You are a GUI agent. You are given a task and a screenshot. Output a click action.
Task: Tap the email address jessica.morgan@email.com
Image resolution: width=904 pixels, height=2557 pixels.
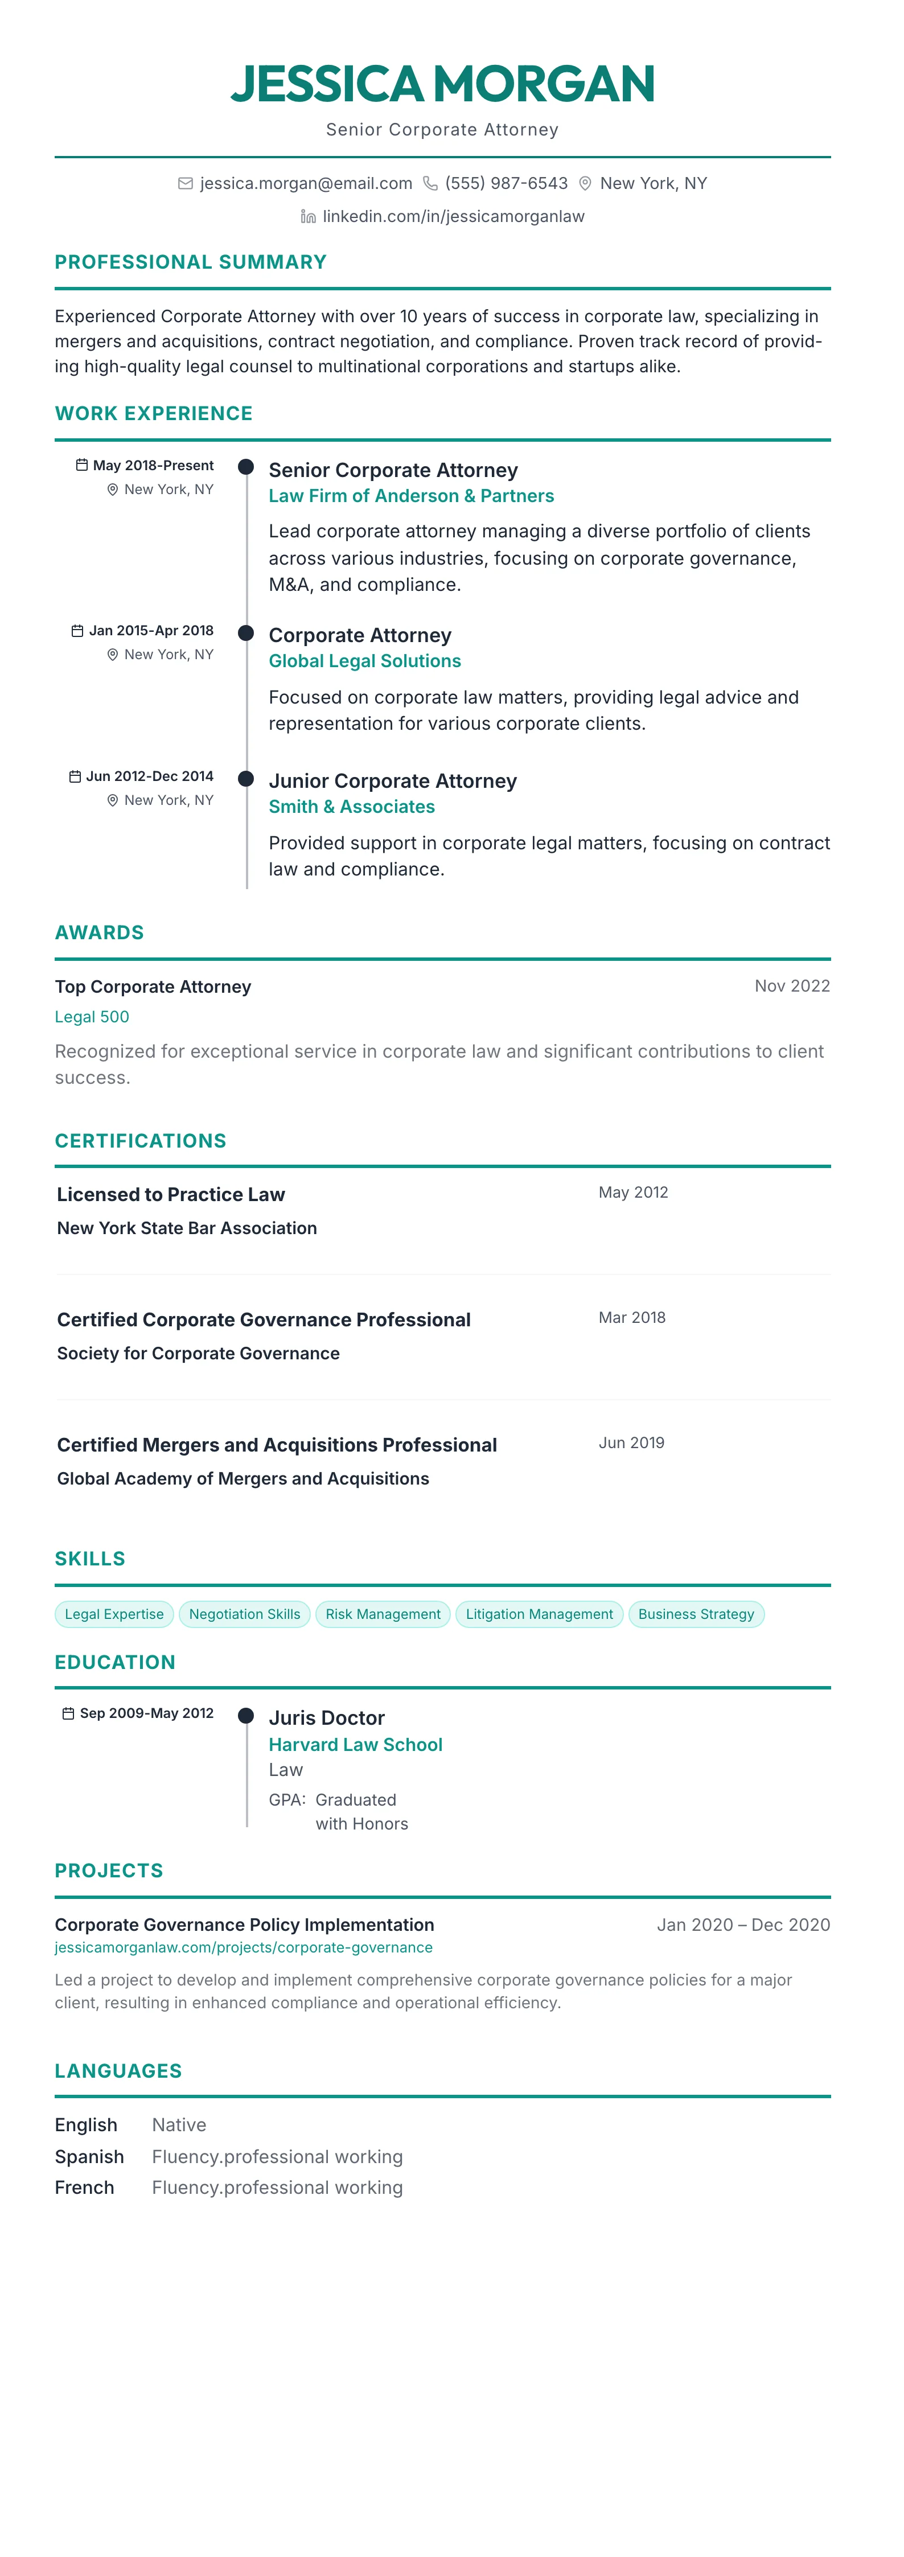tap(306, 184)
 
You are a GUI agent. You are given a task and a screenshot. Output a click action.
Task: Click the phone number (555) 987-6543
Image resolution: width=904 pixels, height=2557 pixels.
tap(506, 184)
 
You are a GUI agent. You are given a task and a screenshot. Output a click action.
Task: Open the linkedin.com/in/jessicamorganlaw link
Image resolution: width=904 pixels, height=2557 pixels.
tap(454, 216)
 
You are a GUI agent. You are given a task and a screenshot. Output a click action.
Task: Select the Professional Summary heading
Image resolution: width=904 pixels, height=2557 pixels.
tap(191, 262)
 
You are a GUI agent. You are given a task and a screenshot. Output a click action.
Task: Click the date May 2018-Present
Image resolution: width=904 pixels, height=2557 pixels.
tap(153, 466)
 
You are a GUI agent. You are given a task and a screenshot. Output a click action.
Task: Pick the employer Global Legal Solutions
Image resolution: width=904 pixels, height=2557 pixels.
tap(364, 661)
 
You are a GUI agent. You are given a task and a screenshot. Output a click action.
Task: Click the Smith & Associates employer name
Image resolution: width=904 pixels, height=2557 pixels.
tap(351, 807)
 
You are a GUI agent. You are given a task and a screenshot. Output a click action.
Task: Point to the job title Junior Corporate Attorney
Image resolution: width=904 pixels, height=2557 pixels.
tap(392, 781)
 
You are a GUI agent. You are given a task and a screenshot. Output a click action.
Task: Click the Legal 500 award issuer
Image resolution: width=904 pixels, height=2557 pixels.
tap(91, 1017)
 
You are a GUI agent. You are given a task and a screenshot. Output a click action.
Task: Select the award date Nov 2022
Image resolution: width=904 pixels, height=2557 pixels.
tap(792, 986)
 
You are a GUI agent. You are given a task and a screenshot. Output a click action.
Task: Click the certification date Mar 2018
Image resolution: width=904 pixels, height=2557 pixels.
tap(632, 1317)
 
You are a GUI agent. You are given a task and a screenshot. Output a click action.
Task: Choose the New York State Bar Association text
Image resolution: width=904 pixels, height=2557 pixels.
tap(187, 1228)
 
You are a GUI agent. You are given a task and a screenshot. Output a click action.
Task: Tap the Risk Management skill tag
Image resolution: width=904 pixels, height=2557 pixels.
tap(383, 1614)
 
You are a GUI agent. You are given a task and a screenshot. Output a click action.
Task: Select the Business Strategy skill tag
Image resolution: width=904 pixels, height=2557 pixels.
tap(696, 1614)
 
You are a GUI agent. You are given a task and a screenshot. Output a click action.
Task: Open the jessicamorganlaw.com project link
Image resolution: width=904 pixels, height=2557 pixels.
tap(243, 1947)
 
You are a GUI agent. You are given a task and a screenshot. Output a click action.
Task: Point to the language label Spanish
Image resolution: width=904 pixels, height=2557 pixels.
tap(89, 2156)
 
